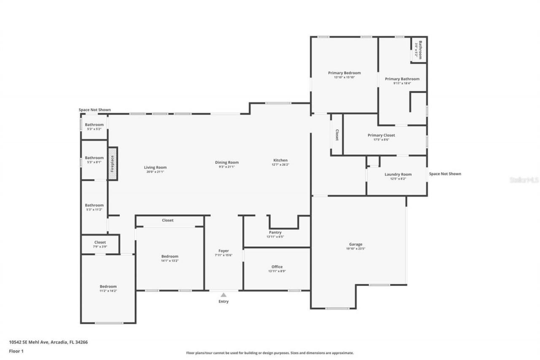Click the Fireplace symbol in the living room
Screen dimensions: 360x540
[x=112, y=163]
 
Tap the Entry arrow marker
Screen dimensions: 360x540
[x=224, y=295]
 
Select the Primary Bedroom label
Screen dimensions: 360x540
[x=344, y=73]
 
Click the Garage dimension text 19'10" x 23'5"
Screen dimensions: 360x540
[x=356, y=249]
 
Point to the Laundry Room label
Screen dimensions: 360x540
[x=398, y=174]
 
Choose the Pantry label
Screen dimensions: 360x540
[x=275, y=232]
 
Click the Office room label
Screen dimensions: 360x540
[x=277, y=267]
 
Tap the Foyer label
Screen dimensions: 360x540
[x=224, y=251]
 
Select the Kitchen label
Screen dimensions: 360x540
[x=281, y=160]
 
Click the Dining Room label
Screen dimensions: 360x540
[x=227, y=162]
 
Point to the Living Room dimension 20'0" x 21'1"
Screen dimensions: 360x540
[x=155, y=172]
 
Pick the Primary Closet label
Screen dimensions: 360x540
[x=381, y=135]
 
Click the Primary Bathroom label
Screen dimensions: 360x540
[x=402, y=79]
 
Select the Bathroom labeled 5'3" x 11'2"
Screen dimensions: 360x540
[x=94, y=206]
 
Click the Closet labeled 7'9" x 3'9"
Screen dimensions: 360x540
[x=100, y=242]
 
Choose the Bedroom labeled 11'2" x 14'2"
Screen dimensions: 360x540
[x=108, y=287]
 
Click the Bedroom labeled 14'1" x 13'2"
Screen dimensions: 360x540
[x=170, y=256]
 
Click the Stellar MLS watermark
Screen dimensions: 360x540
[x=524, y=180]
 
